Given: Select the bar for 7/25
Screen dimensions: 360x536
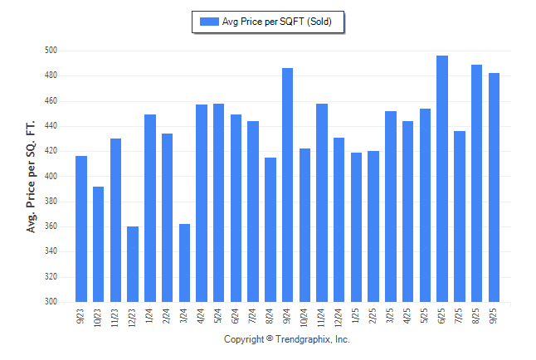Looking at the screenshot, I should tap(460, 216).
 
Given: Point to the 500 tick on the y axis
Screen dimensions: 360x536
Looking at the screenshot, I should tap(51, 51).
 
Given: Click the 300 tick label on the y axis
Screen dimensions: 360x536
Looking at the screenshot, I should tap(51, 302).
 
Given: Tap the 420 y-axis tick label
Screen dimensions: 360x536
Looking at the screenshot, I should tap(51, 151).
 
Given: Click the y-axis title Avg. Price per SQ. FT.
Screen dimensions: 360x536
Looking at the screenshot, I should tap(32, 176).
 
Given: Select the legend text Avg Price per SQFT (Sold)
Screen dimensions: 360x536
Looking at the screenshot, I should tap(276, 22).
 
